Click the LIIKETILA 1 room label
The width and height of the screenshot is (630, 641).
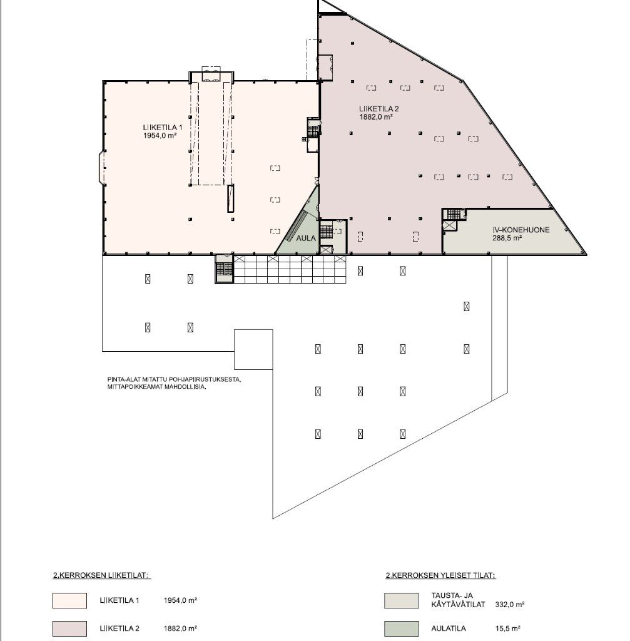[x=163, y=128]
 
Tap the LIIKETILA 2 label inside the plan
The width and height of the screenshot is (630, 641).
[x=379, y=109]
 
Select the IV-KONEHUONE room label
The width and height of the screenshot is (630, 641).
[x=521, y=230]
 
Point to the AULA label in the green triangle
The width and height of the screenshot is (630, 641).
[x=306, y=238]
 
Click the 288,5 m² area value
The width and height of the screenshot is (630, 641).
[x=507, y=238]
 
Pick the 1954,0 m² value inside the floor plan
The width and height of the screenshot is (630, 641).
[x=160, y=136]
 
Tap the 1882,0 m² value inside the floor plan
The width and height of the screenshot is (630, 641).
[x=376, y=117]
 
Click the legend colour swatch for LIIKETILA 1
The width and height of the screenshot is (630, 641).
[x=69, y=600]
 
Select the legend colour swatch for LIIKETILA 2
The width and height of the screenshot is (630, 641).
[x=69, y=628]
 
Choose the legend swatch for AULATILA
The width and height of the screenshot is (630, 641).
[x=401, y=628]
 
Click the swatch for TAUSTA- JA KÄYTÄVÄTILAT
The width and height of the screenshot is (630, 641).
[x=401, y=600]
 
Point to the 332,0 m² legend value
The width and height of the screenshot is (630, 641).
[x=510, y=605]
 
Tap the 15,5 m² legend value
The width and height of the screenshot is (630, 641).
[x=508, y=628]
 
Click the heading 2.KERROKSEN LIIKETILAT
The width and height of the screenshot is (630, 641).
[x=102, y=576]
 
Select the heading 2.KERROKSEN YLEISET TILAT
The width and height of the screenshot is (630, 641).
[x=440, y=576]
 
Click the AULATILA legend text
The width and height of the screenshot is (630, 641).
[x=449, y=628]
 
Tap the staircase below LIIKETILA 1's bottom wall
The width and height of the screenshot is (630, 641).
[x=224, y=269]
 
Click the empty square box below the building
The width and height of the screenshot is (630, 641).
[x=253, y=349]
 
